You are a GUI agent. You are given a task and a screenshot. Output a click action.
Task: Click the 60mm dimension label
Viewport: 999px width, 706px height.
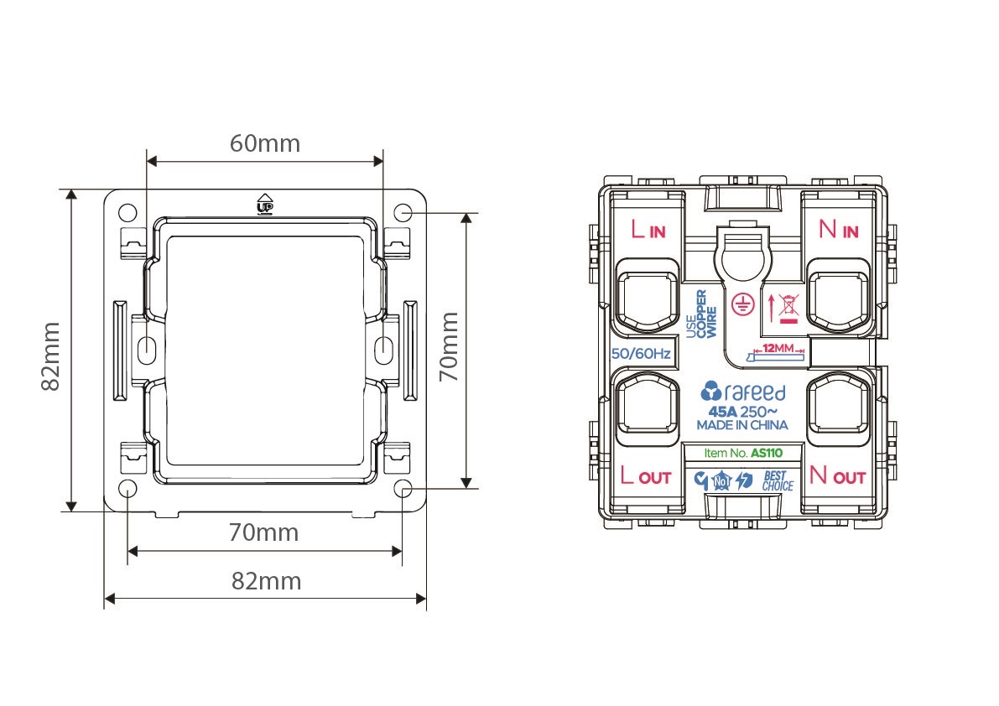[265, 143]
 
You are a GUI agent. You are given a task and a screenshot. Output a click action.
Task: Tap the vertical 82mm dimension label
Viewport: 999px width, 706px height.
[50, 356]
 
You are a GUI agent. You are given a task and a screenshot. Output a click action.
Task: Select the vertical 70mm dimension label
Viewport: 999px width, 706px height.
[449, 347]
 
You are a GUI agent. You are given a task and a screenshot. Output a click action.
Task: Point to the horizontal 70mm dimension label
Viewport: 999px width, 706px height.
[263, 532]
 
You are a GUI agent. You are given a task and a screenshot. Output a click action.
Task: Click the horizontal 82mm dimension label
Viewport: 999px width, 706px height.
[266, 581]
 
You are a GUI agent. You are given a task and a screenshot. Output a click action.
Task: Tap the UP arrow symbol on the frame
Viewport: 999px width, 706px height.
[264, 204]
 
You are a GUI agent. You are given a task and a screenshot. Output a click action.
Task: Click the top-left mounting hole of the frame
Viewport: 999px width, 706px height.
[128, 212]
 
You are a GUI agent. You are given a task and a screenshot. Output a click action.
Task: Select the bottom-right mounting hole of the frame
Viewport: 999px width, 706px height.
[403, 489]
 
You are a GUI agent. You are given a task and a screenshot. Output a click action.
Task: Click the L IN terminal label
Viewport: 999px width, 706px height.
[648, 229]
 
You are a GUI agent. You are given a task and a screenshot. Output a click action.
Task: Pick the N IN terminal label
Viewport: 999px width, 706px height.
[839, 229]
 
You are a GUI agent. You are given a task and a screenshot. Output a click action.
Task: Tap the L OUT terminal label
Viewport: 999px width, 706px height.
[646, 475]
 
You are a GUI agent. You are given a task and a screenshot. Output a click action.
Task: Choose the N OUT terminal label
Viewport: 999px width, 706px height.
[837, 475]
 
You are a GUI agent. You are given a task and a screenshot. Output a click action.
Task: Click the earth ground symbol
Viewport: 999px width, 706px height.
[742, 304]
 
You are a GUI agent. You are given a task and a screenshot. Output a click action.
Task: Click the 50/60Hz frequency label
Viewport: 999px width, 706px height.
[641, 354]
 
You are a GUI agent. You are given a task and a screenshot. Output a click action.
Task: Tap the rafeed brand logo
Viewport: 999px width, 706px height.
[743, 392]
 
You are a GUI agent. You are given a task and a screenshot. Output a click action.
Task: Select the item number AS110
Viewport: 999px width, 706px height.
[767, 454]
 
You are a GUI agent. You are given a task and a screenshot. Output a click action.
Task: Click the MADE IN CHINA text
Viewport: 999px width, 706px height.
[742, 425]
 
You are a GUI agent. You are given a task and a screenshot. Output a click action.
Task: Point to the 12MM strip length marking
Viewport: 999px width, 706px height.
[777, 351]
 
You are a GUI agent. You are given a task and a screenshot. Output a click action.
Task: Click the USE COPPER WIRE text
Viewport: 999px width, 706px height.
[701, 314]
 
